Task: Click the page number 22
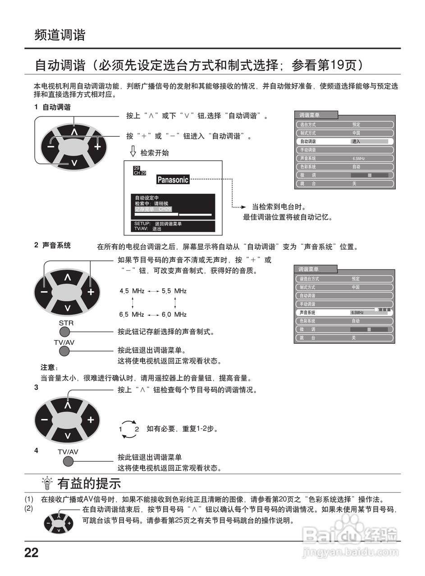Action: (32, 553)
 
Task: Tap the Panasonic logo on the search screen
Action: (173, 180)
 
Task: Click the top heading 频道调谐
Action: (60, 35)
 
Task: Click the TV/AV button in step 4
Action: (68, 462)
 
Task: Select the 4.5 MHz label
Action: (132, 291)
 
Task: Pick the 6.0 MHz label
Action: (174, 314)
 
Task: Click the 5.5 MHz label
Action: (174, 291)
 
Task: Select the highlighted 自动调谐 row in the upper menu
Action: (345, 141)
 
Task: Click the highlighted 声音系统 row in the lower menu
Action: (344, 312)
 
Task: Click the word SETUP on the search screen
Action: (142, 223)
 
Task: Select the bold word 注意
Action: (48, 367)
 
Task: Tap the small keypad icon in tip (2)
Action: (59, 523)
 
